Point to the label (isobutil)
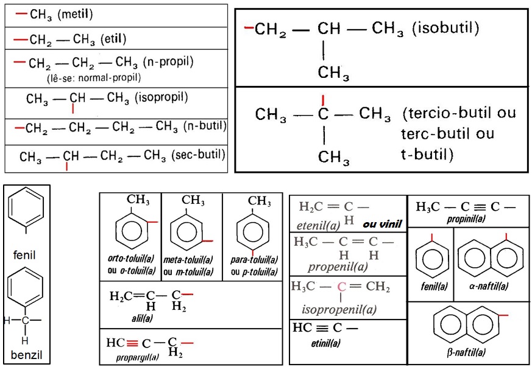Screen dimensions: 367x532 coord(445,28)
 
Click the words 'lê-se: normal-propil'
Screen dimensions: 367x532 coord(93,77)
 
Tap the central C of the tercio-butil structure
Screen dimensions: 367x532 coord(323,114)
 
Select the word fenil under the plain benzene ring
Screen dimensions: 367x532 coord(25,255)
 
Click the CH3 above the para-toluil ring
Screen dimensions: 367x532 coord(260,200)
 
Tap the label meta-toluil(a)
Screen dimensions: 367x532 coord(192,260)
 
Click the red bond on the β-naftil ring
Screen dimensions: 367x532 coord(503,316)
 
